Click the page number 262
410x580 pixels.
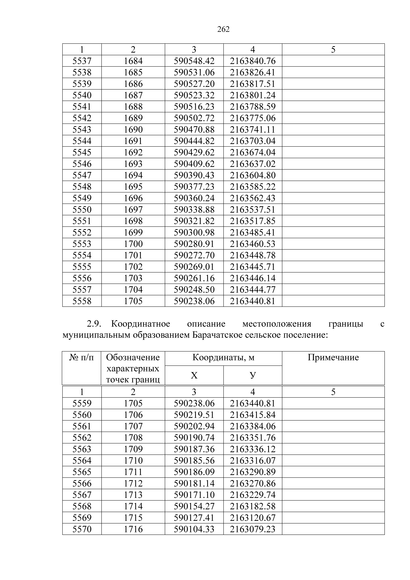(223, 30)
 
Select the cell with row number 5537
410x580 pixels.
(82, 61)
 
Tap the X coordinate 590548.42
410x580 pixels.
(194, 61)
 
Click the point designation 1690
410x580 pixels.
(133, 130)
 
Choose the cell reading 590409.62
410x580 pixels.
(194, 164)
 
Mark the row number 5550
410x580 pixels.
(82, 210)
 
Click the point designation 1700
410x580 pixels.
(133, 244)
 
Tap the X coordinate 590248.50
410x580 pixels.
(194, 290)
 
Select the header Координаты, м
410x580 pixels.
(223, 357)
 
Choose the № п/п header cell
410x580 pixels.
(81, 357)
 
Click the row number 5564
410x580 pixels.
(82, 461)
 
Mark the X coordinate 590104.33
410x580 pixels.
(194, 529)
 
